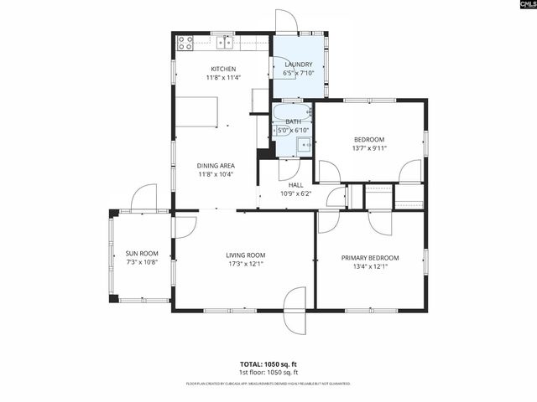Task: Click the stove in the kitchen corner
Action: click(x=185, y=40)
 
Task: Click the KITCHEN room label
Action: click(x=223, y=69)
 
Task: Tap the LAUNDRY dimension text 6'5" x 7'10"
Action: click(x=299, y=73)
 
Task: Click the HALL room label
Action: click(x=295, y=185)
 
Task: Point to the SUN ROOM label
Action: click(x=142, y=253)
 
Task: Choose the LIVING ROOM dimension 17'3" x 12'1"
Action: click(x=245, y=264)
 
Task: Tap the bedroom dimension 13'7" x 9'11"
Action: click(x=369, y=148)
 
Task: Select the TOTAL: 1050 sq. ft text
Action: click(x=268, y=364)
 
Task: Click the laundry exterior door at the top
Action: click(x=287, y=21)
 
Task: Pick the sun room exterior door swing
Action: click(x=143, y=198)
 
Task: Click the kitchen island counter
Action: click(x=196, y=111)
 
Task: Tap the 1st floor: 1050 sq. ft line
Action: click(x=268, y=372)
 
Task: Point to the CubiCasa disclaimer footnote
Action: click(x=268, y=384)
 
